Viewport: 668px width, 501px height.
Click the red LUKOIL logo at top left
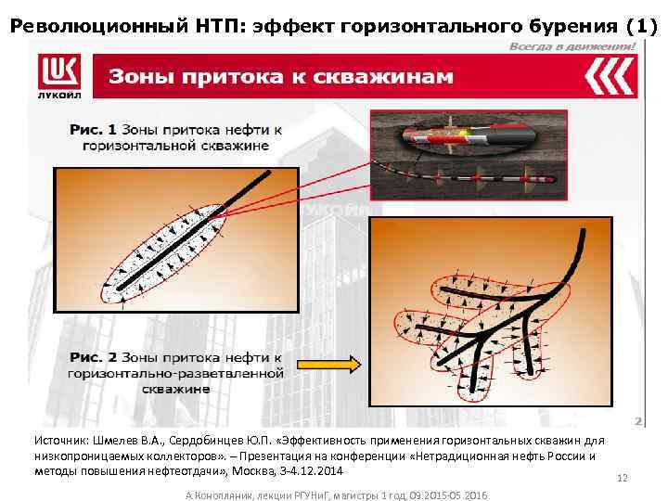click(x=58, y=75)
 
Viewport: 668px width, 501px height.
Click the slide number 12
click(x=623, y=478)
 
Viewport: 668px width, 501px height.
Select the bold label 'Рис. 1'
click(x=93, y=129)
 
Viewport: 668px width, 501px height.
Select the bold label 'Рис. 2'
click(x=93, y=357)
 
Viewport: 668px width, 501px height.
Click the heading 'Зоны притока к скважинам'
click(x=281, y=76)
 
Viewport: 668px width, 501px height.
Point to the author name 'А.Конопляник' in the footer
click(x=223, y=495)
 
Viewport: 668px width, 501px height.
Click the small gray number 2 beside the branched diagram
click(x=638, y=421)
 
